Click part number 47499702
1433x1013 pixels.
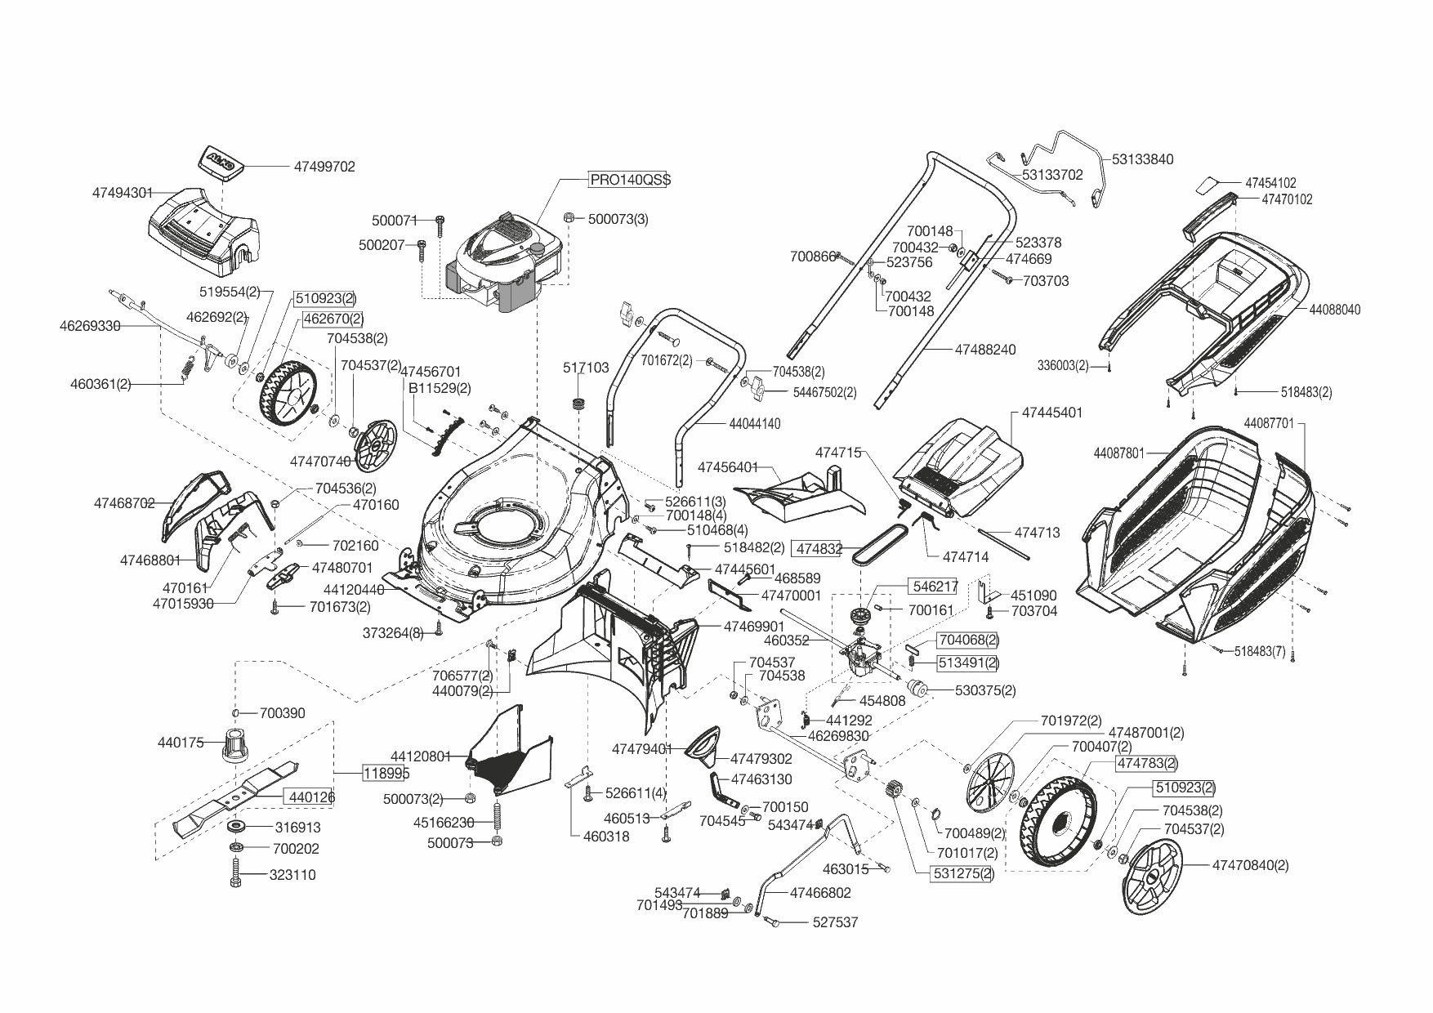pos(324,167)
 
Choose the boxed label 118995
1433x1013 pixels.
pos(386,773)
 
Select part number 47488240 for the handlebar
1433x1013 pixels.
pos(985,350)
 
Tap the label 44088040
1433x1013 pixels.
pos(1335,310)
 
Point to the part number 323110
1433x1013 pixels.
pos(292,875)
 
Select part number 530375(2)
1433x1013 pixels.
pos(985,690)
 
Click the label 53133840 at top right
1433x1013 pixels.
pos(1142,159)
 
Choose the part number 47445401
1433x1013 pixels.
pos(1052,413)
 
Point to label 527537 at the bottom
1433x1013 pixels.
pos(835,922)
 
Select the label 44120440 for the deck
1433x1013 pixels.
pos(354,589)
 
